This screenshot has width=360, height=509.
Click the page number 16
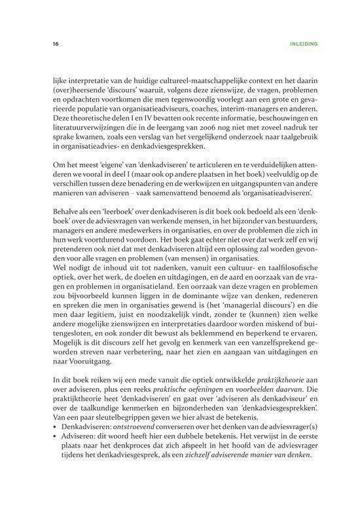click(x=39, y=45)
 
